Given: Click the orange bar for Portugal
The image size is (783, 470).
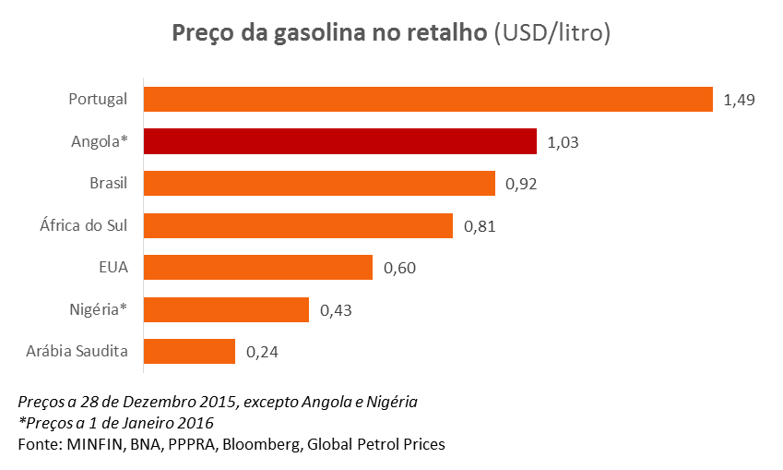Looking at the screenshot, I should pyautogui.click(x=428, y=99).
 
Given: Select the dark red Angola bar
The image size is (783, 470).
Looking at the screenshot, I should pyautogui.click(x=340, y=141).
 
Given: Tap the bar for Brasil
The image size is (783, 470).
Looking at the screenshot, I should pyautogui.click(x=320, y=183).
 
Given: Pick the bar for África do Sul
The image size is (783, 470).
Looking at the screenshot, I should pyautogui.click(x=299, y=225).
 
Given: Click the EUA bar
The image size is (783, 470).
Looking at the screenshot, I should pyautogui.click(x=258, y=268).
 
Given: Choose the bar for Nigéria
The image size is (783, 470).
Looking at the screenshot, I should pyautogui.click(x=226, y=309).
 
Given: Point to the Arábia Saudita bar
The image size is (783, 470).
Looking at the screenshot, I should pyautogui.click(x=190, y=352).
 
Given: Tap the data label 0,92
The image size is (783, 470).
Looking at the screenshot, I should pyautogui.click(x=521, y=184).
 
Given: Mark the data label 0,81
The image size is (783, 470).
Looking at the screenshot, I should pyautogui.click(x=480, y=226).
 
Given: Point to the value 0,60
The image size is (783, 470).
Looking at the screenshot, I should pyautogui.click(x=398, y=269).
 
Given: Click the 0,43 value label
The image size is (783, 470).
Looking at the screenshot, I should pyautogui.click(x=336, y=310).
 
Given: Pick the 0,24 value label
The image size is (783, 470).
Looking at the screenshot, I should pyautogui.click(x=262, y=353).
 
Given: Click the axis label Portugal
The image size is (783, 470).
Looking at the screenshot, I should pyautogui.click(x=98, y=100).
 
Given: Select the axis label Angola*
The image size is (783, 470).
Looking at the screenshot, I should pyautogui.click(x=99, y=141).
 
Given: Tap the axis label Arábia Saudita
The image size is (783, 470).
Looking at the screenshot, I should pyautogui.click(x=79, y=352).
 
